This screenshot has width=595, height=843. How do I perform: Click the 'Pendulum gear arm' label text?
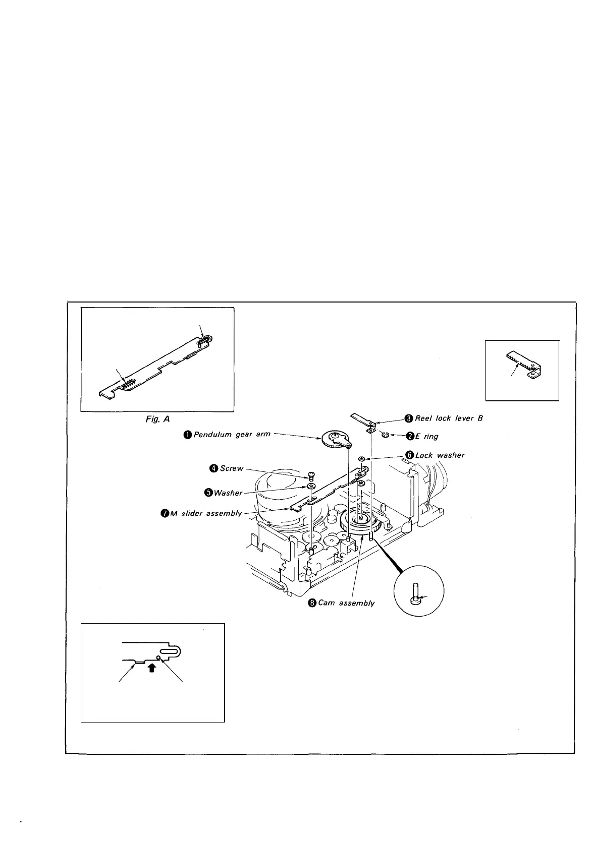232,434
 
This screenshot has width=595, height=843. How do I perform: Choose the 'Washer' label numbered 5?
228,493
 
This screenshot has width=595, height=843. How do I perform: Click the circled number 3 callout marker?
408,418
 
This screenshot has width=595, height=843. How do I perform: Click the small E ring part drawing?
385,435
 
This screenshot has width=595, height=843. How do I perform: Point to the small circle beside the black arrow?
158,657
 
